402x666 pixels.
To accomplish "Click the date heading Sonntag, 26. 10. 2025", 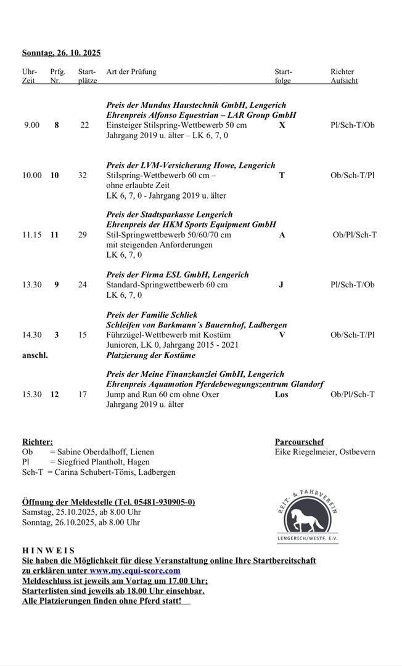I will click(x=61, y=53).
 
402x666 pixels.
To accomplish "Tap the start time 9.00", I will click(x=31, y=125).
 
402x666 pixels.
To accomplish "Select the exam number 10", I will click(x=55, y=175).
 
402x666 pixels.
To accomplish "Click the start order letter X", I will click(x=282, y=125).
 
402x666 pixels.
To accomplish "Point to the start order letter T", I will click(x=282, y=175).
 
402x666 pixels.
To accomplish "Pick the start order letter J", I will click(x=281, y=285).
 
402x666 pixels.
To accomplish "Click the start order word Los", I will click(x=281, y=395).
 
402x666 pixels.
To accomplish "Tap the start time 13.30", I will click(x=32, y=285).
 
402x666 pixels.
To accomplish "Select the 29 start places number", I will click(x=83, y=235).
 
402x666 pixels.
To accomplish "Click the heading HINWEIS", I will click(x=48, y=550).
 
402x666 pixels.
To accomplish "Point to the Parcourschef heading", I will click(x=299, y=442).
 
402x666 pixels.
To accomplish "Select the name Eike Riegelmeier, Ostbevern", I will click(x=325, y=452).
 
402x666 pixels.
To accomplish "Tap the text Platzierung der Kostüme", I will click(x=150, y=355).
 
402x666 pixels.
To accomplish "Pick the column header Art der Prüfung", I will click(x=131, y=72).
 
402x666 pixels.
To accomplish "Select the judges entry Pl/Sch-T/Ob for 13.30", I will click(x=352, y=285).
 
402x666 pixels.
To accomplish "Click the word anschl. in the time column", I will click(x=35, y=355).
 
